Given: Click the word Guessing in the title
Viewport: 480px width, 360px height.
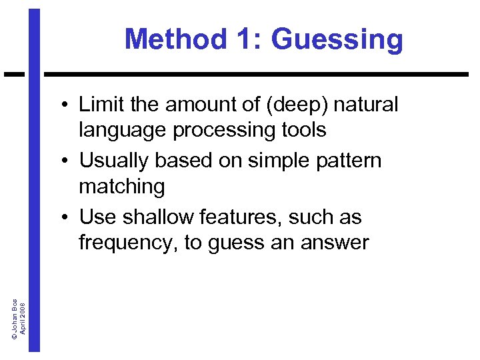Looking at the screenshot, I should coord(337,39).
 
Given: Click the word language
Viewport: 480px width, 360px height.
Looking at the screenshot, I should coord(123,130).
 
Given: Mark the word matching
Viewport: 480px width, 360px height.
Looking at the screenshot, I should coord(121,187).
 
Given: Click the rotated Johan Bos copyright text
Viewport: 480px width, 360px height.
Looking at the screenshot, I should coord(19,317).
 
